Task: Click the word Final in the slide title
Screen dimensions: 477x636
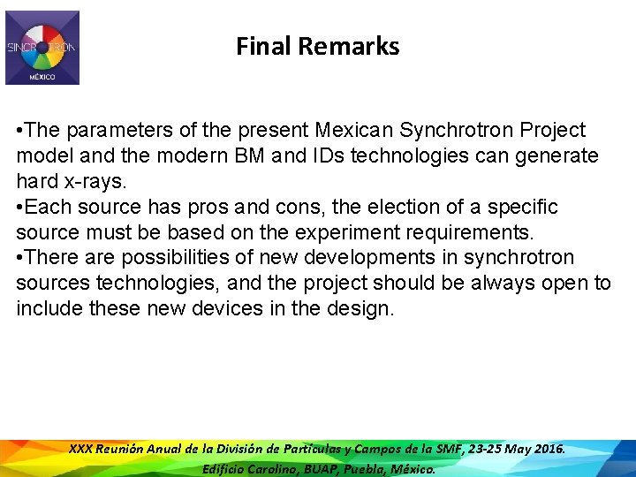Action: point(264,46)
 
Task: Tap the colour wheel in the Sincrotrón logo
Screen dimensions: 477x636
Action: point(42,48)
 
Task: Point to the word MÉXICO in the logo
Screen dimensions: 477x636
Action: point(42,77)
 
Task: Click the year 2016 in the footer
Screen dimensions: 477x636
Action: point(546,450)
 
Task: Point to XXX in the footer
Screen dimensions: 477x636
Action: point(80,450)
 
